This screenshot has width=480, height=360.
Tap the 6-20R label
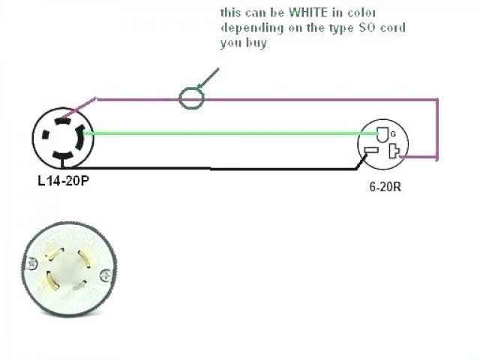coord(384,187)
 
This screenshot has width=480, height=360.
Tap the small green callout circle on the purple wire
coord(190,98)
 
